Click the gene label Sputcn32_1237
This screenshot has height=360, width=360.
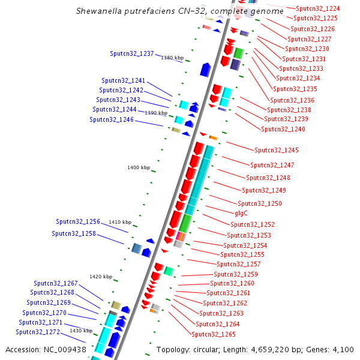pyautogui.click(x=132, y=53)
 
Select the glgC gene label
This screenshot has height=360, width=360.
pyautogui.click(x=241, y=213)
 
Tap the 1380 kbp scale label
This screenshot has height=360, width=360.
pyautogui.click(x=172, y=58)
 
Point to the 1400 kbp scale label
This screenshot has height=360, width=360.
pyautogui.click(x=139, y=167)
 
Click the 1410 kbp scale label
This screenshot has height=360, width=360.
pyautogui.click(x=119, y=222)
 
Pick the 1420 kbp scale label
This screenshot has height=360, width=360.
pyautogui.click(x=101, y=277)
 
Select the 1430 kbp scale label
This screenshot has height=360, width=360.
pyautogui.click(x=80, y=331)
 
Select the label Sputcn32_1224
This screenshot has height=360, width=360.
pyautogui.click(x=318, y=8)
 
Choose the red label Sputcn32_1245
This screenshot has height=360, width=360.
pyautogui.click(x=277, y=150)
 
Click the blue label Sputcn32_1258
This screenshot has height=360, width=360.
pyautogui.click(x=74, y=233)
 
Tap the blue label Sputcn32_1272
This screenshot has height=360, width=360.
pyautogui.click(x=38, y=332)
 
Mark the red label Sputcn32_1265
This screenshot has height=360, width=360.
pyautogui.click(x=214, y=334)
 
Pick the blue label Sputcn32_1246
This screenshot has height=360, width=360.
pyautogui.click(x=112, y=119)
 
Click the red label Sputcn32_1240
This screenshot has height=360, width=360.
pyautogui.click(x=283, y=129)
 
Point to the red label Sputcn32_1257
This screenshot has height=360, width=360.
pyautogui.click(x=239, y=264)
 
